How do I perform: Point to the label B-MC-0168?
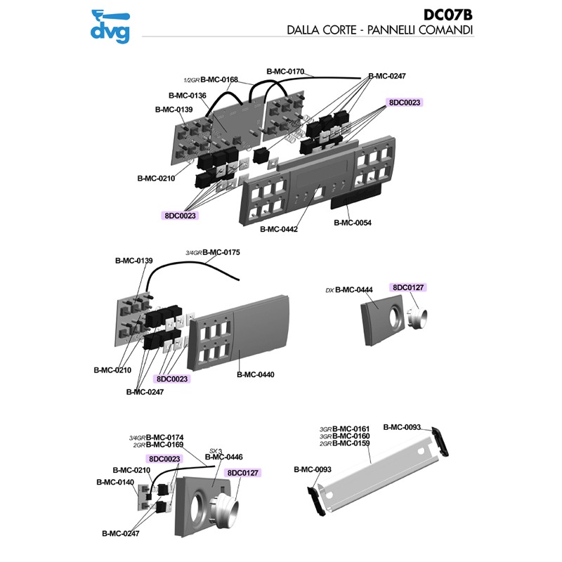219,79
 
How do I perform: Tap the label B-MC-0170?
285,71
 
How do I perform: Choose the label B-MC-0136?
187,96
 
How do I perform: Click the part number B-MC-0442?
279,229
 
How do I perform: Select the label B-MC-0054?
353,223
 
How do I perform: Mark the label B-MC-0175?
221,252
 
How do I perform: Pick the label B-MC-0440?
255,374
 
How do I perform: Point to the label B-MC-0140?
115,483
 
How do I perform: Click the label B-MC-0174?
164,437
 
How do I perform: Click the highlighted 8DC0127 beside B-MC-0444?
410,287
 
